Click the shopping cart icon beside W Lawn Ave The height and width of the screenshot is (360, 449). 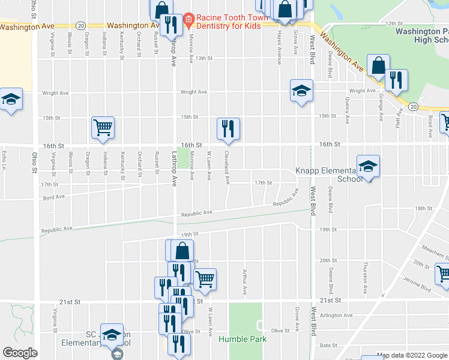(205, 278)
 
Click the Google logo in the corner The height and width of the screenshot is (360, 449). (20, 353)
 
